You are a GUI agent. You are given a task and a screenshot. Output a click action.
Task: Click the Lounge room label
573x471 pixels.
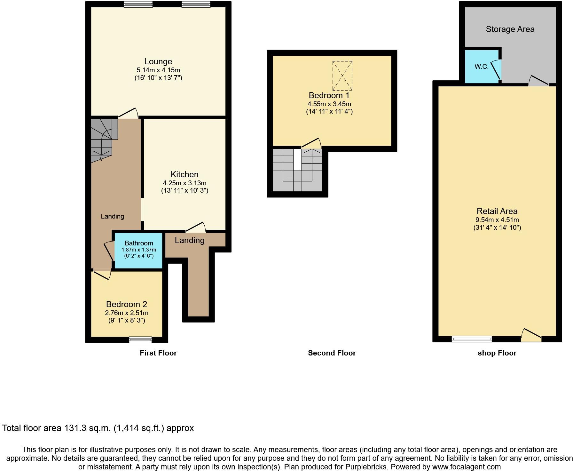pos(158,61)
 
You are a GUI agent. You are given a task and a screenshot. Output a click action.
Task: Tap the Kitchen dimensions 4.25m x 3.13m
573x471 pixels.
pos(184,183)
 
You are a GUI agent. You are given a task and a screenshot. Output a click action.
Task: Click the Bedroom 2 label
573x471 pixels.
pos(127,304)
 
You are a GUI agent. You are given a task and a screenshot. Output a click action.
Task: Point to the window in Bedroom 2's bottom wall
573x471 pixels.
pos(140,339)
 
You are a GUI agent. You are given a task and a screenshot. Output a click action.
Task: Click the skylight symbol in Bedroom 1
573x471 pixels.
pos(342,76)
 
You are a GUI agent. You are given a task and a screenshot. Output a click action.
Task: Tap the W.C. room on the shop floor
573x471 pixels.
pos(481,67)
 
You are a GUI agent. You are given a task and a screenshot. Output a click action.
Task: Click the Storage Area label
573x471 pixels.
pos(510,29)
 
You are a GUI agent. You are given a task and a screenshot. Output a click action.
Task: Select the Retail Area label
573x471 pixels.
pos(497,211)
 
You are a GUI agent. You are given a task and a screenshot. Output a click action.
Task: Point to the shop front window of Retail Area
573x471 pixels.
pos(472,339)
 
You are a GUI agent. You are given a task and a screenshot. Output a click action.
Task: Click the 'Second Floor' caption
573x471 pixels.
pos(332,353)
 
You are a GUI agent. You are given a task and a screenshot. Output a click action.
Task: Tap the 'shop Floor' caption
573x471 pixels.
pos(497,353)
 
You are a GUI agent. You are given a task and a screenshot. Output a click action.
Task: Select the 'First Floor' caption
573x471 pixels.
pos(158,353)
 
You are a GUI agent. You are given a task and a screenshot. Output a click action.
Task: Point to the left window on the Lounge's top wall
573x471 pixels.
pos(138,4)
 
